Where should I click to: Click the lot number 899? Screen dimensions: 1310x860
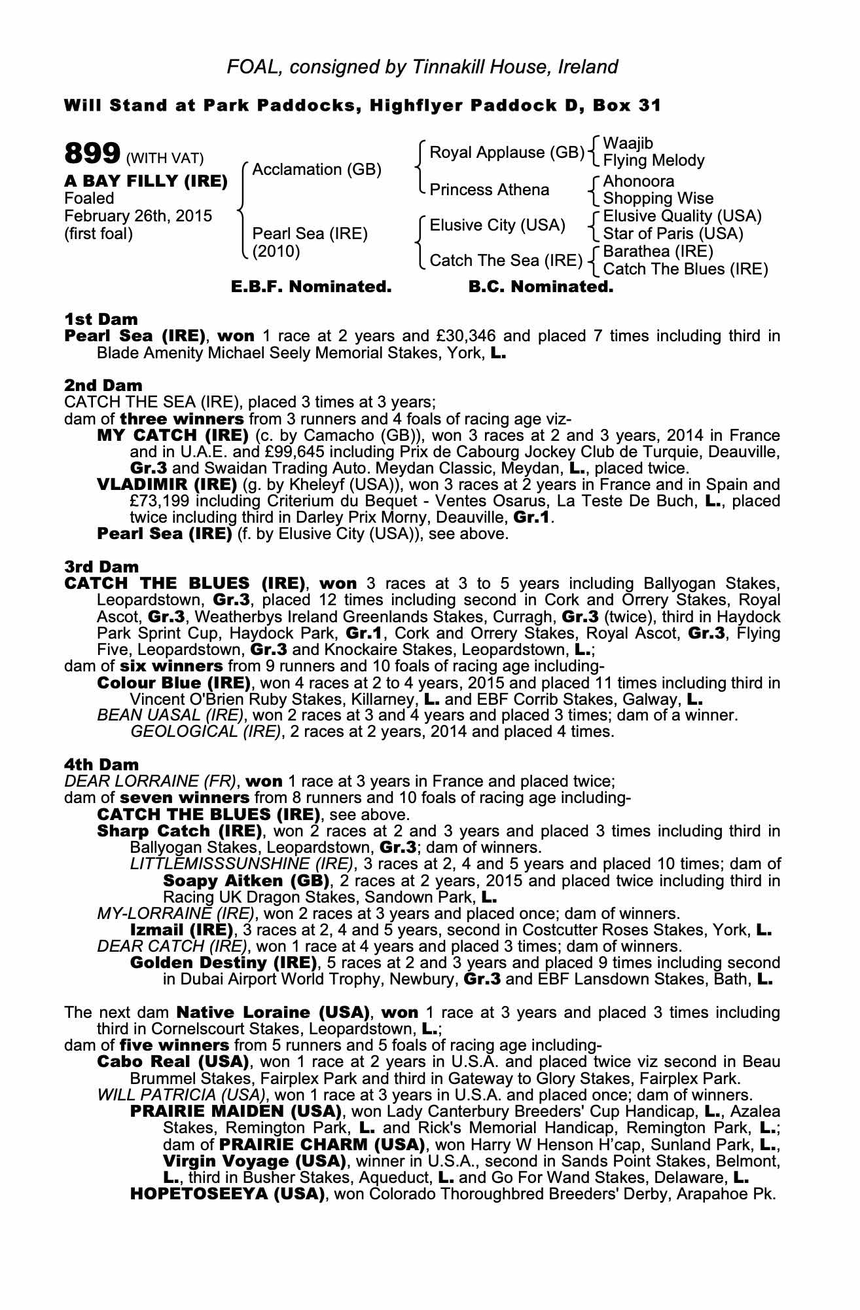click(91, 155)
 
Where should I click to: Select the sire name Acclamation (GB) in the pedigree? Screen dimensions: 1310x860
click(317, 170)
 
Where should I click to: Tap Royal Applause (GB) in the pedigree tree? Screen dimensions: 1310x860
click(507, 153)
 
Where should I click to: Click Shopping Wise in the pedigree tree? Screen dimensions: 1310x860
click(658, 198)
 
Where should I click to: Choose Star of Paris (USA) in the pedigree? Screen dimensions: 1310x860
click(673, 234)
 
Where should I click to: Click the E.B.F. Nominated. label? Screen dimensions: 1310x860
click(312, 287)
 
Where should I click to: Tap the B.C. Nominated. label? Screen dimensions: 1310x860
click(541, 287)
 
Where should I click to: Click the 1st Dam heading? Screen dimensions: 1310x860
click(101, 320)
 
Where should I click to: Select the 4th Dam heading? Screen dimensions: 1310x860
click(101, 764)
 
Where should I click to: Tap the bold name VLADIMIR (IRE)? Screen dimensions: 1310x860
click(167, 485)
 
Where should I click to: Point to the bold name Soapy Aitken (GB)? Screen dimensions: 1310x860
click(245, 880)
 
